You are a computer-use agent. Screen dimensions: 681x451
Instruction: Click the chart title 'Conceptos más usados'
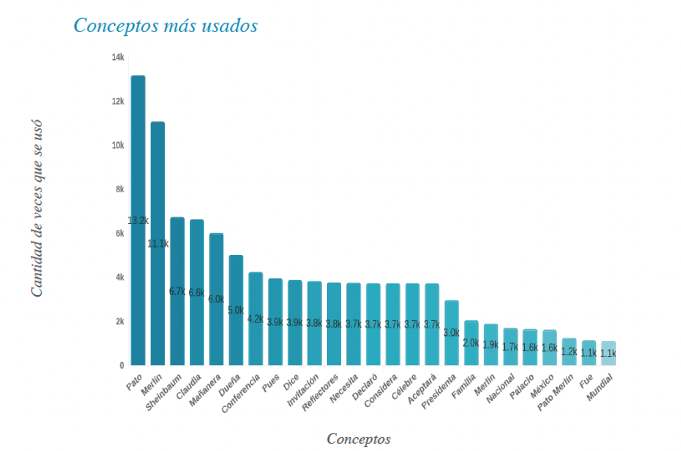[166, 25]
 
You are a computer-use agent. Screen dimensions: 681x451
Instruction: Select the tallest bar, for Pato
[138, 220]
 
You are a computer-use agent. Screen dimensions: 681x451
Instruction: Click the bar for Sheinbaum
[177, 291]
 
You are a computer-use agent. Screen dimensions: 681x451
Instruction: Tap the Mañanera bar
[216, 299]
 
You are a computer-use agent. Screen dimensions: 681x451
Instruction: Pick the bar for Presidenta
[452, 333]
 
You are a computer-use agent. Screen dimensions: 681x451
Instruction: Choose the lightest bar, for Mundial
[608, 353]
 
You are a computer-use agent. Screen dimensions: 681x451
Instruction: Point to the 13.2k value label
[138, 221]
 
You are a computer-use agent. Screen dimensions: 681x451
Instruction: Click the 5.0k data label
[236, 310]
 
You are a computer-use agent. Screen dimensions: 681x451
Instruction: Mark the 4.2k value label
[255, 319]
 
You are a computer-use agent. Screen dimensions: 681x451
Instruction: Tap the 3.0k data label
[452, 333]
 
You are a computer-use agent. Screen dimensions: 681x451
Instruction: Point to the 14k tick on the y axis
[118, 57]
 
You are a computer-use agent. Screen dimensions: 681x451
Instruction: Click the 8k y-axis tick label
[120, 189]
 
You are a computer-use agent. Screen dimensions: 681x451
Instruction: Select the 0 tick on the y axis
[122, 365]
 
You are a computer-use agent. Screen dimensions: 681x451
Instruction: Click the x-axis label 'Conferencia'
[241, 393]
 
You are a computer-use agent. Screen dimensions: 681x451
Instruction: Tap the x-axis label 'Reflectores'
[320, 392]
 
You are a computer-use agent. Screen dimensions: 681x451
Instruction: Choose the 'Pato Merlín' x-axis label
[555, 392]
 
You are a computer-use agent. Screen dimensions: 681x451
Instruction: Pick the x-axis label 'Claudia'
[189, 386]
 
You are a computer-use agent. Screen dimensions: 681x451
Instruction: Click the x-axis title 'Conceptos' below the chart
[359, 439]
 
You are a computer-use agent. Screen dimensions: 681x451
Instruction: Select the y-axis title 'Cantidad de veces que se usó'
[37, 208]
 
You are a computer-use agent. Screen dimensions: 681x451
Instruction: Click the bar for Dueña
[236, 310]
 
